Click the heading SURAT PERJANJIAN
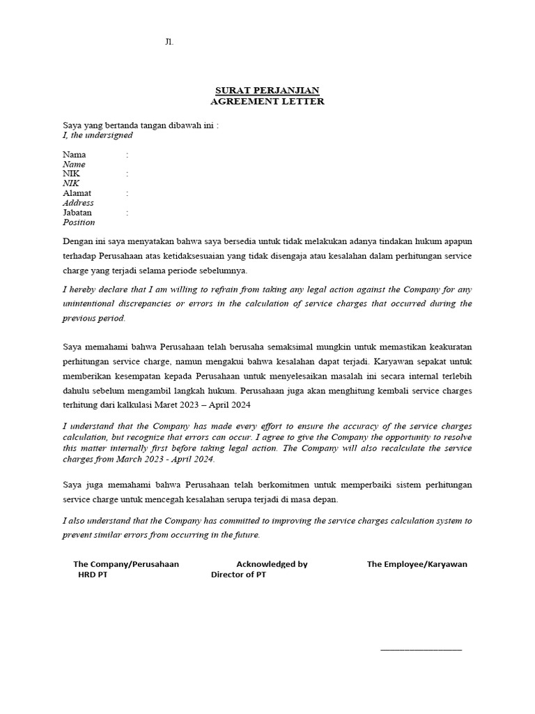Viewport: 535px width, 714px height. pos(267,91)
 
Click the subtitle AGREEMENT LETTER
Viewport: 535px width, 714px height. pos(267,101)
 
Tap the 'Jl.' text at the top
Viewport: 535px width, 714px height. pos(169,42)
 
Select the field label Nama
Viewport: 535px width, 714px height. pos(75,154)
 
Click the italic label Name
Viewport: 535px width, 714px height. pos(74,165)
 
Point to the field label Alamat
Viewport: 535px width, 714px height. pos(77,193)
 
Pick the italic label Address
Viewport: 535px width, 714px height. pos(78,203)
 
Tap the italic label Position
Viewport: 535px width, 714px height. pos(79,222)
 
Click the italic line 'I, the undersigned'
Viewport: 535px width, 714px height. pos(98,135)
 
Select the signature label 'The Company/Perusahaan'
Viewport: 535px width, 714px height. pos(126,564)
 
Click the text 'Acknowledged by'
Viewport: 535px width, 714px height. pos(272,564)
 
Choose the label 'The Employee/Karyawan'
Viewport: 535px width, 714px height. pos(417,564)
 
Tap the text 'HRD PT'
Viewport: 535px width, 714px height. pos(93,575)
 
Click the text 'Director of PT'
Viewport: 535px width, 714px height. pos(238,575)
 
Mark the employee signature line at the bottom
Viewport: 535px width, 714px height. pos(421,649)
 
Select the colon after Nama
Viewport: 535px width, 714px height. pos(127,154)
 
